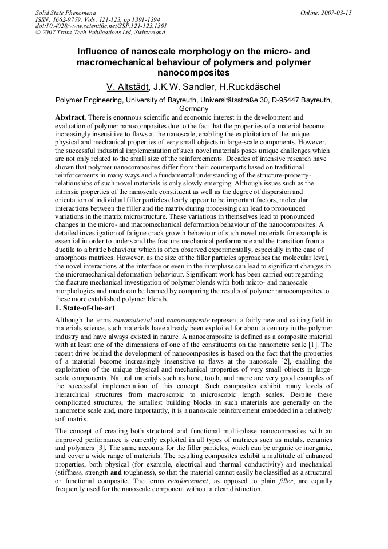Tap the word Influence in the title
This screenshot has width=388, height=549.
pyautogui.click(x=98, y=51)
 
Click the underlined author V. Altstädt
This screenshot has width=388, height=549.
pyautogui.click(x=128, y=87)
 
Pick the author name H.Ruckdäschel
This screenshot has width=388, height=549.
pyautogui.click(x=249, y=87)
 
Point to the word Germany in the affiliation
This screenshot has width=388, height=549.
pyautogui.click(x=193, y=108)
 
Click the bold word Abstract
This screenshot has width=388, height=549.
pyautogui.click(x=71, y=117)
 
